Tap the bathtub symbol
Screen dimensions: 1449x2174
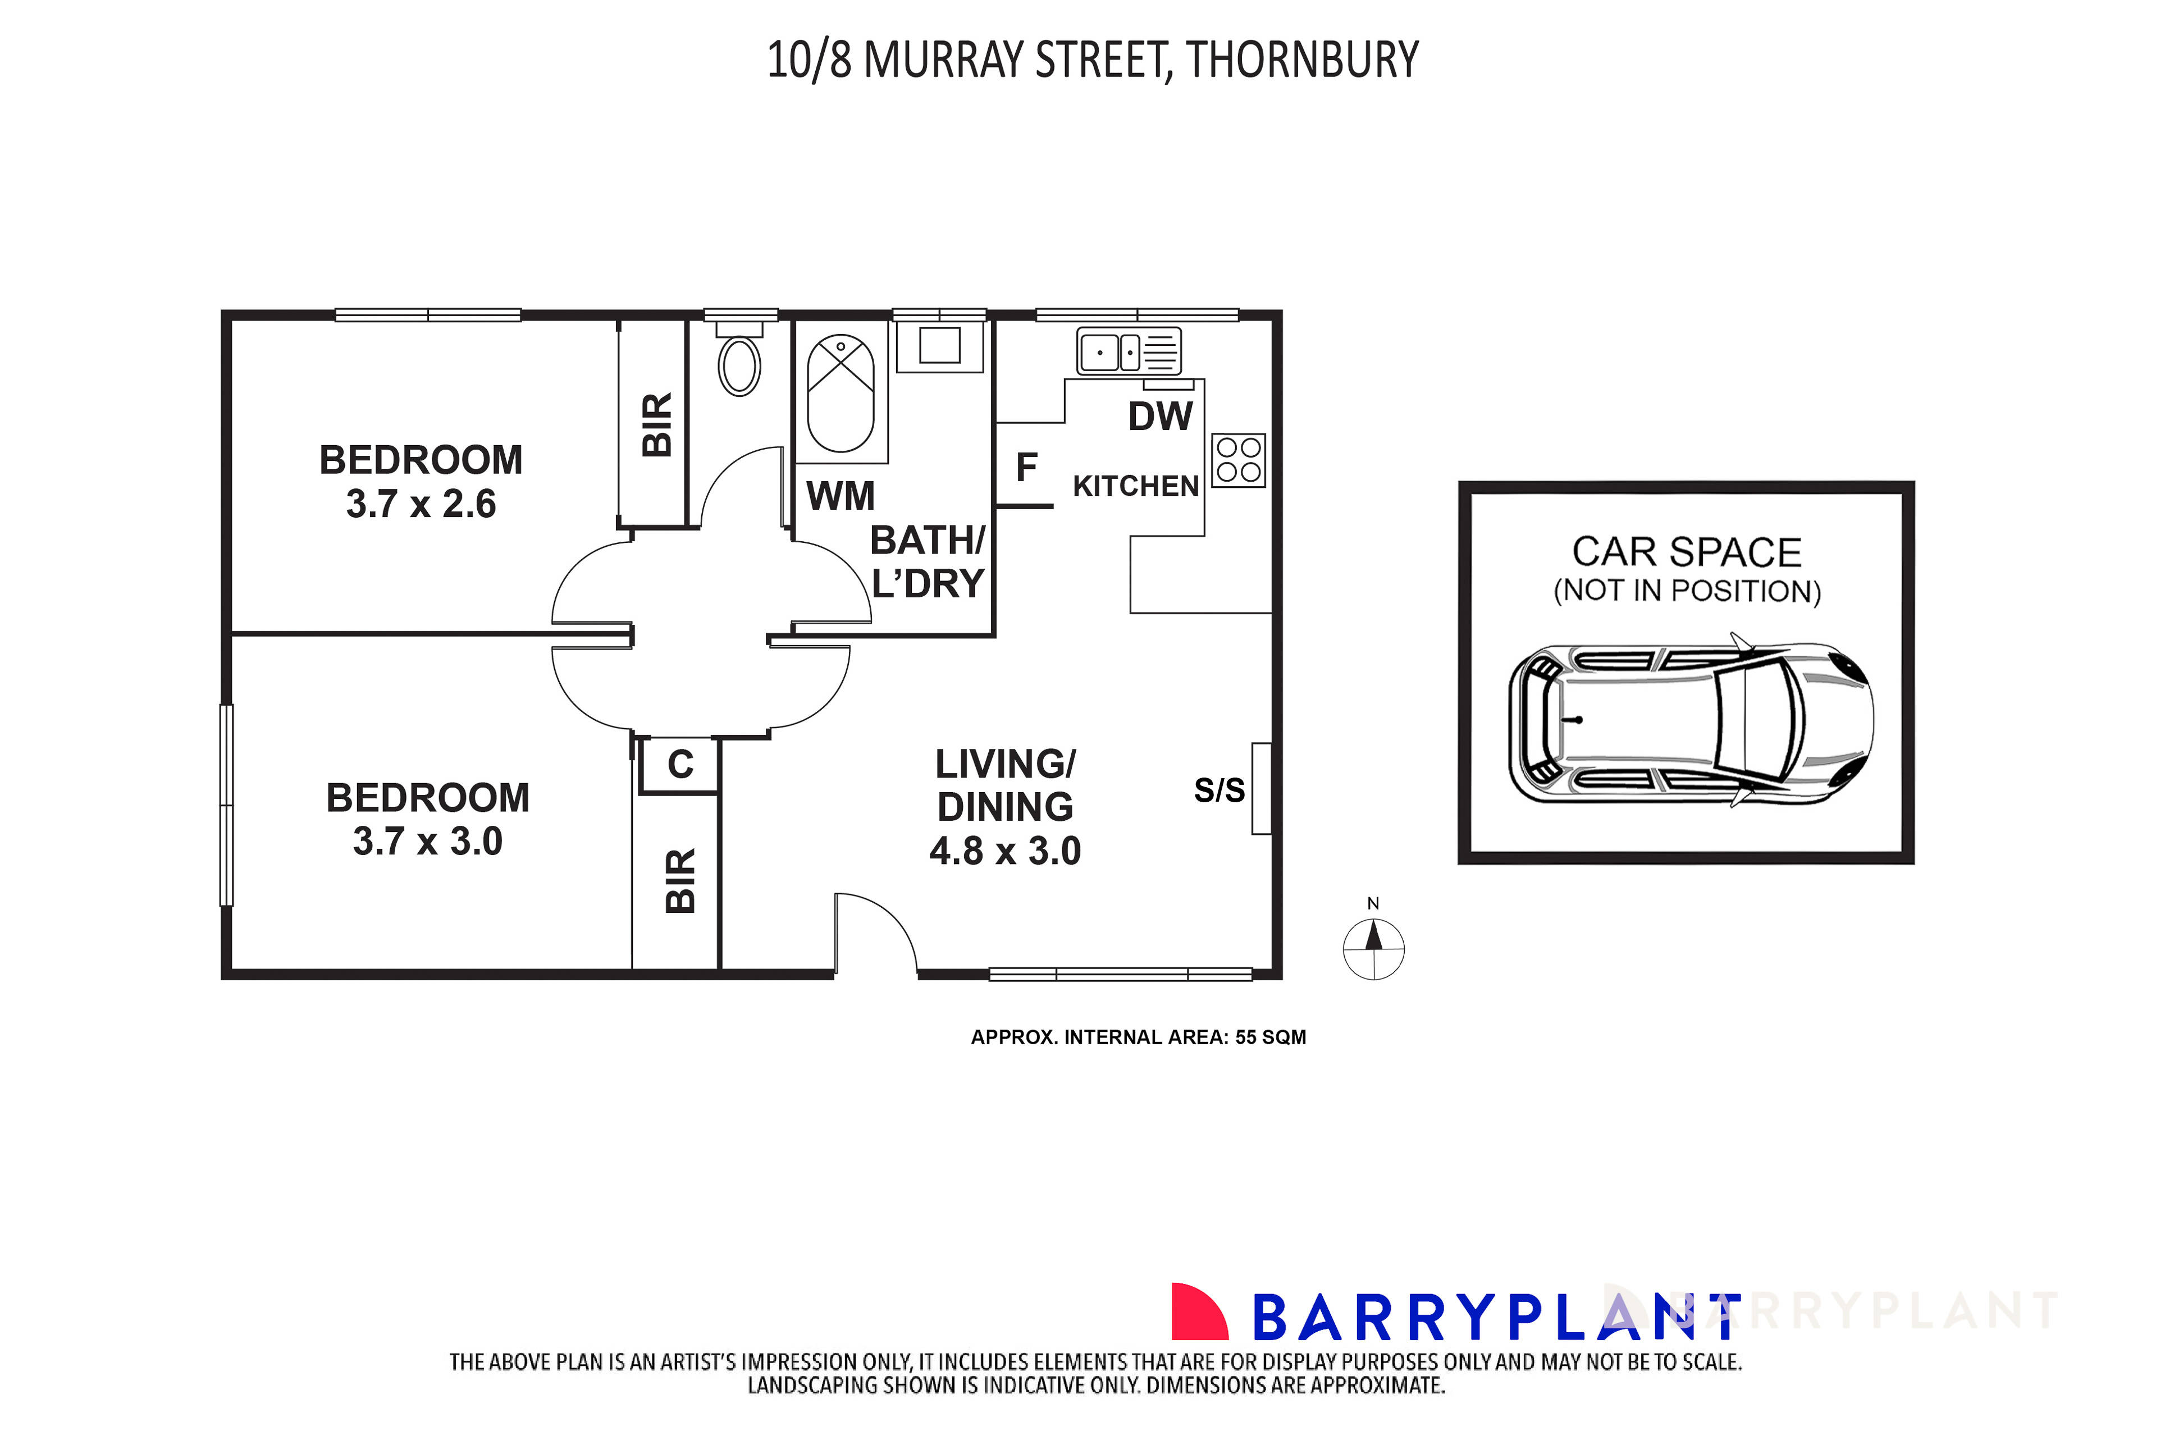click(840, 394)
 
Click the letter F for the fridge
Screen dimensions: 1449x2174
click(1026, 468)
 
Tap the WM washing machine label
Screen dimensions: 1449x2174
click(840, 496)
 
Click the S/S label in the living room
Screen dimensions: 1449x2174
click(1218, 790)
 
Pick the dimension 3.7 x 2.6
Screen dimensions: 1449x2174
click(421, 504)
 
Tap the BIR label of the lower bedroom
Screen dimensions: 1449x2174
click(680, 881)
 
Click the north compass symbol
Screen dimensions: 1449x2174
click(1373, 948)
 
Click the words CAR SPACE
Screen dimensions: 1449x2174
click(1686, 552)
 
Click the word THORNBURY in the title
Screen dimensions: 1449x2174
click(1302, 60)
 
